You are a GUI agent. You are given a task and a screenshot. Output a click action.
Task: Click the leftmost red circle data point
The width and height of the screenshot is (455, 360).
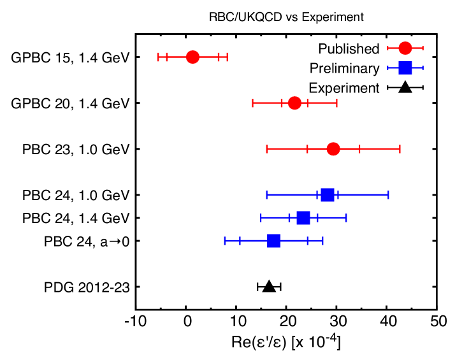pos(192,57)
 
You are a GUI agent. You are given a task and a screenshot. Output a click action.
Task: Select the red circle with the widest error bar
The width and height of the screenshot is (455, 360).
pos(333,148)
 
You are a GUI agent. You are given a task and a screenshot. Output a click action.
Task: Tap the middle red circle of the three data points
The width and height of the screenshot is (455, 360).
pos(294,103)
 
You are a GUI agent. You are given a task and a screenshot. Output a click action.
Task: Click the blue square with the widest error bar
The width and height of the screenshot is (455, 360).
pos(328,195)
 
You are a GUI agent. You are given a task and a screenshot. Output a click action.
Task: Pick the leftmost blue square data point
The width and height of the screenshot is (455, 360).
pos(273,241)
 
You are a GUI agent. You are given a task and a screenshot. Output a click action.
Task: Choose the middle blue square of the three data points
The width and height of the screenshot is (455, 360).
pos(303,218)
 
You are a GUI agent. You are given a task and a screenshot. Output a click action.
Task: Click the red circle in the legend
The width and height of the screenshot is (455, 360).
pos(405,48)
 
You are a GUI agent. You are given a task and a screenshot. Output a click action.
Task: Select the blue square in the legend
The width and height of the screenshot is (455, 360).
pos(405,68)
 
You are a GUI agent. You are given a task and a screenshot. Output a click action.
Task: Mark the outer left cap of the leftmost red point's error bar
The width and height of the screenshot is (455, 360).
pos(159,57)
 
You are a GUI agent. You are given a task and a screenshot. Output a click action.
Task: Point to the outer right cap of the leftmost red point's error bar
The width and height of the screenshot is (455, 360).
pos(227,57)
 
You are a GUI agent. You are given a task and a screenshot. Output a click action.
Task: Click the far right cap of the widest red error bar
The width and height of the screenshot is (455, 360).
pos(400,148)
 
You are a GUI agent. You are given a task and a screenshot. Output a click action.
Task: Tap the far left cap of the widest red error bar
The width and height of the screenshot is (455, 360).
pos(267,148)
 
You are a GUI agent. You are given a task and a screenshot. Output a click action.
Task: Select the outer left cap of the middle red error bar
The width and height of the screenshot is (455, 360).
pos(253,103)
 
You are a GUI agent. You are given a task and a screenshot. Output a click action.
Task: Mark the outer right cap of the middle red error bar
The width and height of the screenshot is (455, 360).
pos(336,103)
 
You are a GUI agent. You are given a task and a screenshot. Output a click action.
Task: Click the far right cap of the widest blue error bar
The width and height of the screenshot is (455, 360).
pos(388,194)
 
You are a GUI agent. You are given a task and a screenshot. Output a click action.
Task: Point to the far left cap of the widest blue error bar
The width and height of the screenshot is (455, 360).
pos(267,194)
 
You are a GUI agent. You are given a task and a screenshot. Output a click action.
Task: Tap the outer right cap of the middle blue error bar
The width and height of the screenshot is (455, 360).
pos(346,217)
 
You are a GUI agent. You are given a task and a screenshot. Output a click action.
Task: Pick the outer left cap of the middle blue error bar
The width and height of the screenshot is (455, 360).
pos(261,217)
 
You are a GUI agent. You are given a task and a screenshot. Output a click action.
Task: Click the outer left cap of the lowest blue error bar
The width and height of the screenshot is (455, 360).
pos(225,240)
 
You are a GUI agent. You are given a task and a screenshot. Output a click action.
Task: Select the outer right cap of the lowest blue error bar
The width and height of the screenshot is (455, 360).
pos(322,240)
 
